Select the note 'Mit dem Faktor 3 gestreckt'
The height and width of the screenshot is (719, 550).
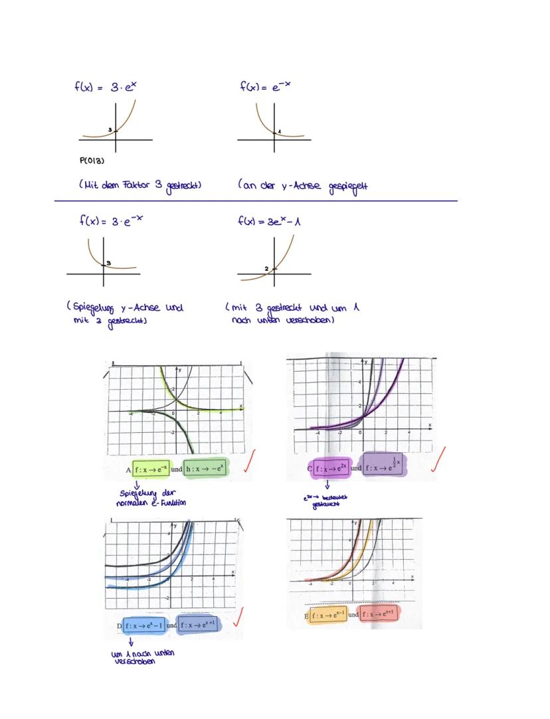pos(140,185)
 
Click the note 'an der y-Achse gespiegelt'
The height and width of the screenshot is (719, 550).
pos(303,185)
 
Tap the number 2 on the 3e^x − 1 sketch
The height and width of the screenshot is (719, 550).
pos(266,268)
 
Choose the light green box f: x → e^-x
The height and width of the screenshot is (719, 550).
pos(152,468)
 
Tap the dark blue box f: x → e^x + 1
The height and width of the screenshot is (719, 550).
pos(197,625)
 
